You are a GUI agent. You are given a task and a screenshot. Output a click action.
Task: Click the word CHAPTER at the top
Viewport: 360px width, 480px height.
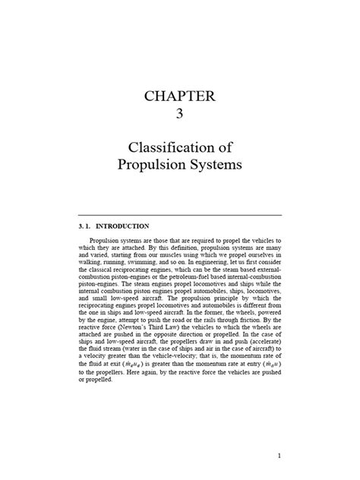(x=179, y=97)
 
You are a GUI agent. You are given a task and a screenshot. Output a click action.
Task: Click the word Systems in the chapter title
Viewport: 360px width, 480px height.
(x=210, y=165)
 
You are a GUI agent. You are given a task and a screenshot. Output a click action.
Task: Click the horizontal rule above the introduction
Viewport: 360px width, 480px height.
(x=180, y=215)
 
